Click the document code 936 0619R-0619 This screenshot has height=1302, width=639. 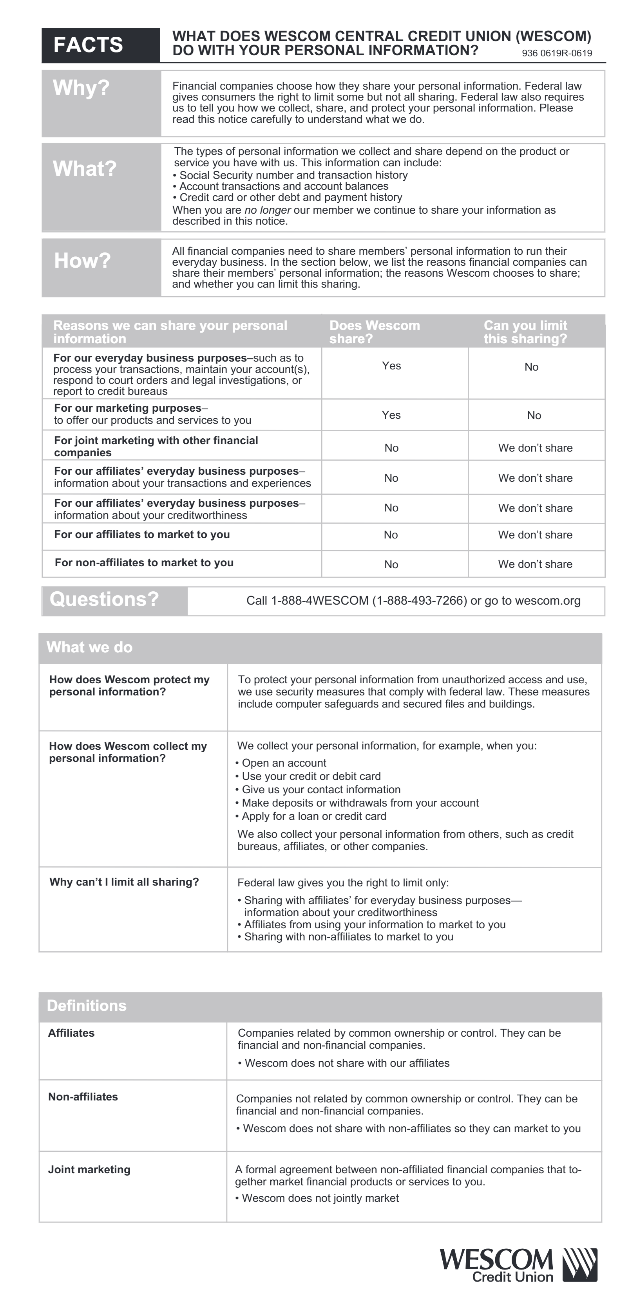[557, 54]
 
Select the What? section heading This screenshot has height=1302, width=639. [85, 169]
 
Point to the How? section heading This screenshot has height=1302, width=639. [82, 261]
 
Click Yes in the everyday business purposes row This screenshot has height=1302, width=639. [391, 366]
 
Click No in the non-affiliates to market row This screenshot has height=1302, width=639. [391, 565]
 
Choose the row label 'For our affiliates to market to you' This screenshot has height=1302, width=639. [142, 535]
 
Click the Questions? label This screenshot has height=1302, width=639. [104, 600]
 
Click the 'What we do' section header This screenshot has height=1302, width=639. [90, 647]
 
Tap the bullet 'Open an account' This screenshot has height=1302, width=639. [283, 763]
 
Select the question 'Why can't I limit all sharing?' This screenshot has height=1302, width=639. [124, 882]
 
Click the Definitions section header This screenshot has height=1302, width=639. [87, 1006]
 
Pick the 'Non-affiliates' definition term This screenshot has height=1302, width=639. [83, 1097]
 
